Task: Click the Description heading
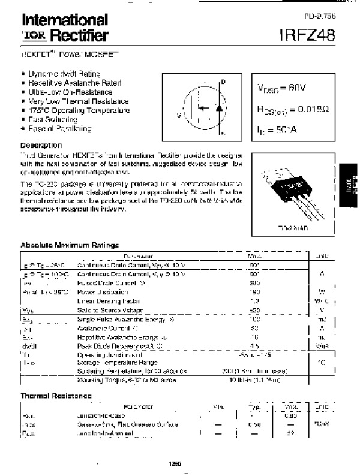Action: tap(41, 145)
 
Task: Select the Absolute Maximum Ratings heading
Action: tap(70, 245)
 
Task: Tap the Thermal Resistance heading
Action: tap(56, 396)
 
